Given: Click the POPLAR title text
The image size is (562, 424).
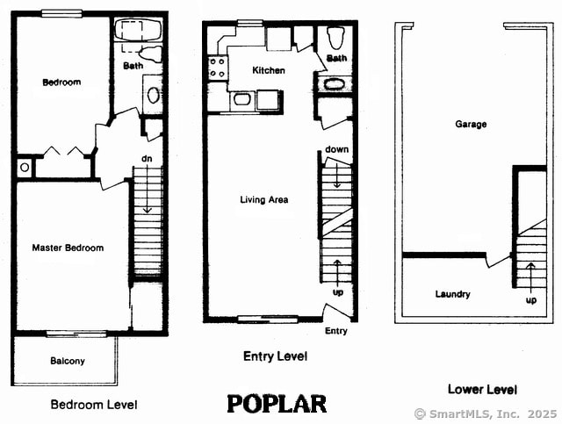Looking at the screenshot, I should point(277,404).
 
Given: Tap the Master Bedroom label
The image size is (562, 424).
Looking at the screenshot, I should point(68,248).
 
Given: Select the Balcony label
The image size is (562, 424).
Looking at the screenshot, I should point(67,361).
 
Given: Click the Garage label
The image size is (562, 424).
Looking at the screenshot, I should point(471,125).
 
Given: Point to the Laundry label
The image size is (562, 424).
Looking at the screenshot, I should point(452,294).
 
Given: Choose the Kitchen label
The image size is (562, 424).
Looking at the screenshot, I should point(268,70).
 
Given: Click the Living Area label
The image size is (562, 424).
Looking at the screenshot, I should point(263,200).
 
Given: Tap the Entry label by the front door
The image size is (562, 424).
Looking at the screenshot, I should point(335,331).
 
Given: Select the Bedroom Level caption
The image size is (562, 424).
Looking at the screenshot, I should point(93,405).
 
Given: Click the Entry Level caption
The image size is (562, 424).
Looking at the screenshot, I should point(275,356).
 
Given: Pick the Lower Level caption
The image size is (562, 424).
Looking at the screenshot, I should point(482,389).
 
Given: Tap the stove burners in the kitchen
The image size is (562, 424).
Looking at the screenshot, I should point(216,68).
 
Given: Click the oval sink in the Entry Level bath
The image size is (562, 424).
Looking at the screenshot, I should point(335,85).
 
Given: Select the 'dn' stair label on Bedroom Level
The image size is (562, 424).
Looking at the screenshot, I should point(148,159).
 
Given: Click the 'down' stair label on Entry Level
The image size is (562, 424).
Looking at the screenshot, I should point(337,149).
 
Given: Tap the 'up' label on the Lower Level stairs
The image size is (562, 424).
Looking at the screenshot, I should point(530,300).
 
